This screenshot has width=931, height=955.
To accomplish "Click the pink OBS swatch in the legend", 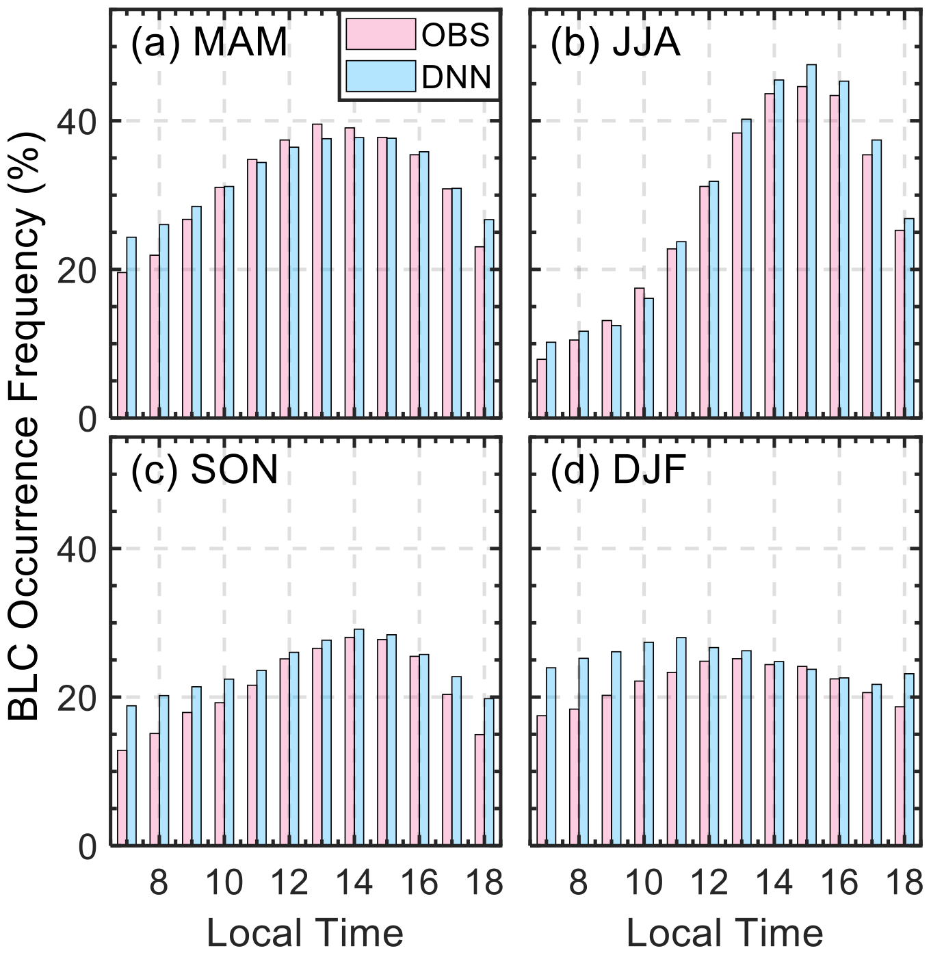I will click(x=380, y=34).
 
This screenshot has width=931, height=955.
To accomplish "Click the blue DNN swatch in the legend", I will click(x=380, y=76).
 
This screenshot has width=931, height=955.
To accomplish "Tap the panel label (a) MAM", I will click(x=209, y=42).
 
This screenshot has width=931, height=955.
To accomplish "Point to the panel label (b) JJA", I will click(x=615, y=42).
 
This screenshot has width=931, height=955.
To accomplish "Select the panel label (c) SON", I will click(x=204, y=470).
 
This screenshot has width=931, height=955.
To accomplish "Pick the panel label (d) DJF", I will click(x=618, y=470).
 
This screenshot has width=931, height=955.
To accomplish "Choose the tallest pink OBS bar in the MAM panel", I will click(x=317, y=270).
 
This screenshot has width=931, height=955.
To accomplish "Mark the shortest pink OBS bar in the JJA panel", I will click(x=541, y=388).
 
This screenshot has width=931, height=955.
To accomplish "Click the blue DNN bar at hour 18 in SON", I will click(x=488, y=772).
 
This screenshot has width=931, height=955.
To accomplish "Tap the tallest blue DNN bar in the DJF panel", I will click(x=681, y=741).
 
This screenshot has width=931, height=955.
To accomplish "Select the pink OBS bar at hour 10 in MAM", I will click(x=219, y=302).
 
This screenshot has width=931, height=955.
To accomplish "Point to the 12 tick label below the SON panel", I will click(x=289, y=882).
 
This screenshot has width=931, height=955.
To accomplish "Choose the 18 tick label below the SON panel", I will click(x=484, y=882).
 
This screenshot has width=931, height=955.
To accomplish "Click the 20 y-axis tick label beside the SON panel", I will click(x=77, y=698).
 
